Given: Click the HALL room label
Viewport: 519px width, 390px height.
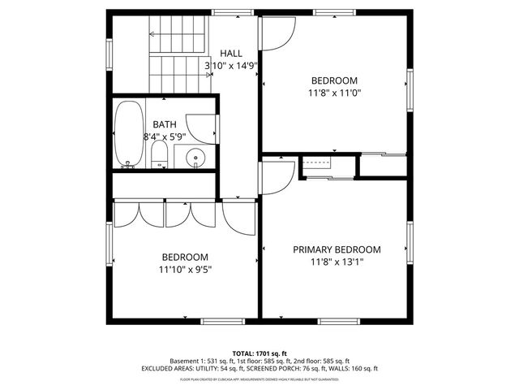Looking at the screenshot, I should (231, 53).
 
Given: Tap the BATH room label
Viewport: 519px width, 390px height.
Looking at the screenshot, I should (165, 124).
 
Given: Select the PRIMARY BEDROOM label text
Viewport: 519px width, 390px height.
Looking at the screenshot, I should (337, 249).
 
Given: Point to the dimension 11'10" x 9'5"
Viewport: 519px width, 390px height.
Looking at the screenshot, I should (186, 269).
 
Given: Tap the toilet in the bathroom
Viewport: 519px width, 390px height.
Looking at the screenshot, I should (160, 155).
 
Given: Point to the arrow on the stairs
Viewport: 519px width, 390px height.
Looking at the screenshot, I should (152, 34).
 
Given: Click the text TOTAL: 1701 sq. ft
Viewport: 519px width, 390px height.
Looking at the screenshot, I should (259, 353).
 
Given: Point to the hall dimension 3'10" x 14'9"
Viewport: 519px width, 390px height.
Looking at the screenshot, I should (231, 65).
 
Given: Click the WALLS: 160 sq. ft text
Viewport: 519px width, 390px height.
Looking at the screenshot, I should (351, 369).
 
